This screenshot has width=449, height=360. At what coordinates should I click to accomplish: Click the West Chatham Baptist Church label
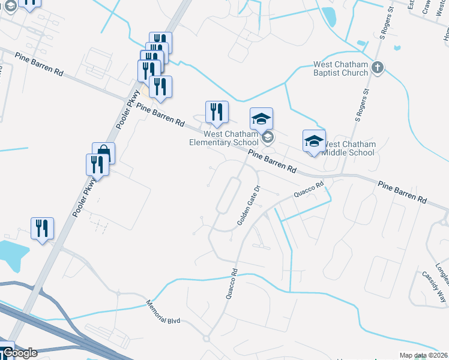(340, 68)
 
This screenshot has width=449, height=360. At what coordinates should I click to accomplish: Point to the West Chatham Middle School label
(349, 148)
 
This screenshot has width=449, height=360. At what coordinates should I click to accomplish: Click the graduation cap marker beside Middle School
(314, 142)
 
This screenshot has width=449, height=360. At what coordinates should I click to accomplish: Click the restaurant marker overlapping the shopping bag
(97, 164)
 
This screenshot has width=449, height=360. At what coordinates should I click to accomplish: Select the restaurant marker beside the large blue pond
(42, 229)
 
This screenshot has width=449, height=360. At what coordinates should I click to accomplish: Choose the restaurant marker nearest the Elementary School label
(217, 112)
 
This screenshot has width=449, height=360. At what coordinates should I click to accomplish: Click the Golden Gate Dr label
(248, 205)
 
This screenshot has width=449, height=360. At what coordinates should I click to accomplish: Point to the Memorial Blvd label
(163, 313)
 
